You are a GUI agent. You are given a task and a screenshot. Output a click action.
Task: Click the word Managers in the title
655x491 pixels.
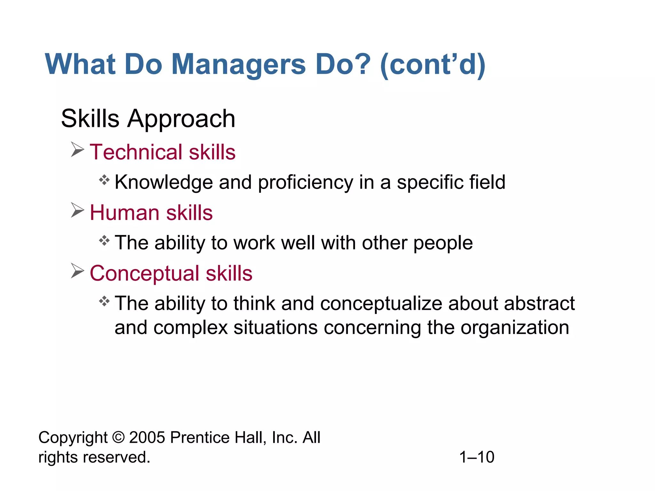(x=238, y=65)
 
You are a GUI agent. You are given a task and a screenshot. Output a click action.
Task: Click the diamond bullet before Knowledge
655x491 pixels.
(x=104, y=180)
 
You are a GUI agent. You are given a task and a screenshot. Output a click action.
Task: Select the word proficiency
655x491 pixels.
(x=305, y=183)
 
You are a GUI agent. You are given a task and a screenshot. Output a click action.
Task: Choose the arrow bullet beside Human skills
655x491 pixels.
(x=77, y=210)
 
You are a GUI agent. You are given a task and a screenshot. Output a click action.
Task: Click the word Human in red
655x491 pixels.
(x=124, y=213)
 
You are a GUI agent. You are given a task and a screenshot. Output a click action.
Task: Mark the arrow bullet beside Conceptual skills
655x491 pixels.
(x=77, y=271)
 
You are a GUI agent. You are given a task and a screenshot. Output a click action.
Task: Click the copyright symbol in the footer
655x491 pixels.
(x=118, y=438)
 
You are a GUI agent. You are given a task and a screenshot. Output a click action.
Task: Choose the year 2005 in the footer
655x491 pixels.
(x=147, y=438)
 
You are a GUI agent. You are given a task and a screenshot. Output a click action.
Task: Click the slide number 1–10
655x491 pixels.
(x=477, y=457)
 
